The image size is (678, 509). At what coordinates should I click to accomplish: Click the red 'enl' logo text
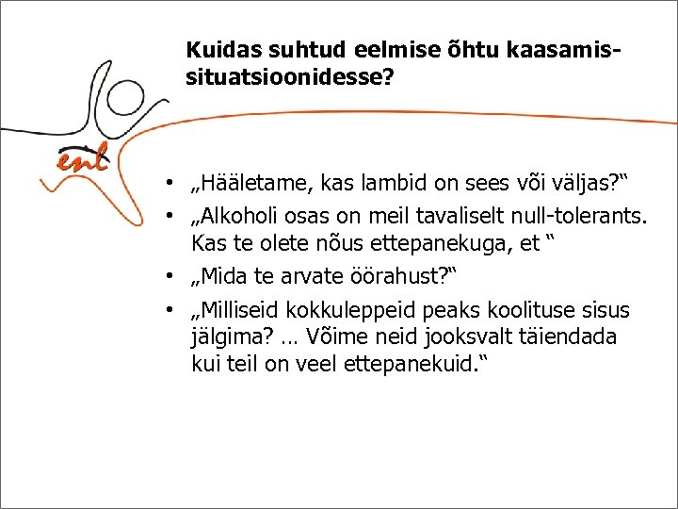(83, 160)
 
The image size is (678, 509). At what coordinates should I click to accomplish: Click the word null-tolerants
(582, 218)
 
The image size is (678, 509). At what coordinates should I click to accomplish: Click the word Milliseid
(237, 310)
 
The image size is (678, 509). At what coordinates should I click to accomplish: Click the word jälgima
(227, 337)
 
